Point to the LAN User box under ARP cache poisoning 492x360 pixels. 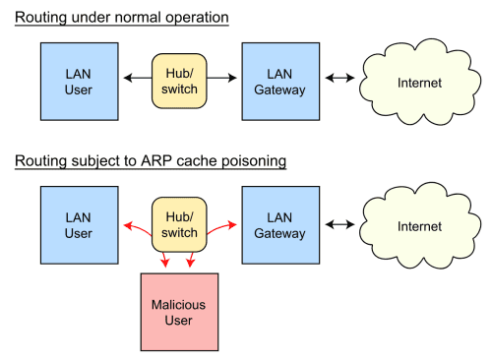pos(79,225)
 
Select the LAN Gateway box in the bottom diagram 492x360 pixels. pos(280,225)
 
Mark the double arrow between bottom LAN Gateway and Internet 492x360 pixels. pos(338,226)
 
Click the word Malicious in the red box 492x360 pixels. pos(179,303)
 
